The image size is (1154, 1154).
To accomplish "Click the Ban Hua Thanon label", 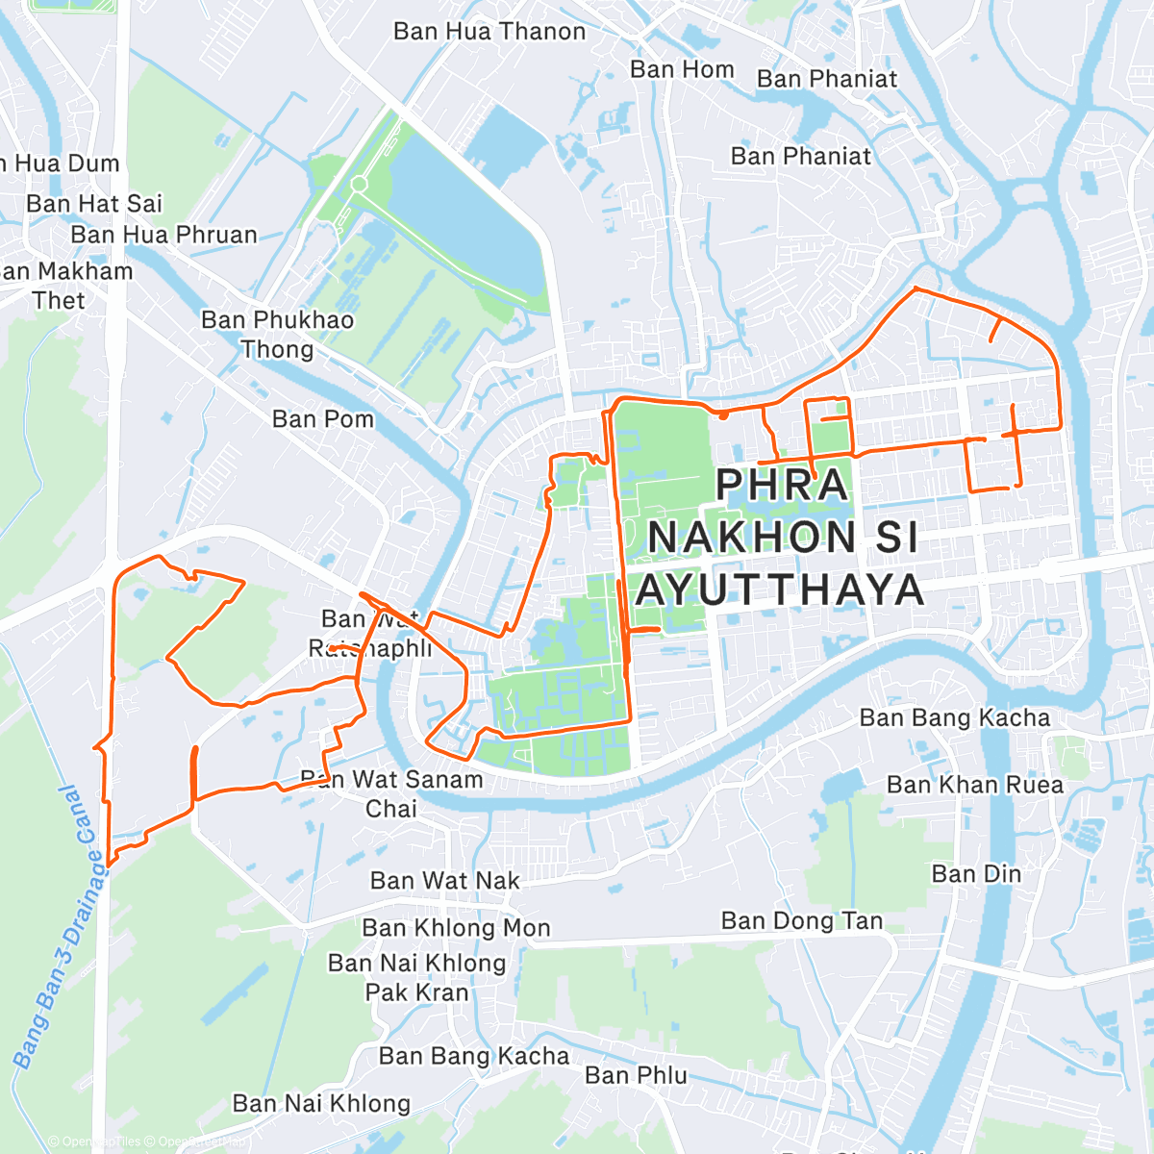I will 489,32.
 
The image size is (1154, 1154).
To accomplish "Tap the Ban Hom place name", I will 682,69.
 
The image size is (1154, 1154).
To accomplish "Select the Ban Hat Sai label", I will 94,204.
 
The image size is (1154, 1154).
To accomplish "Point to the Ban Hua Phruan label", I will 163,235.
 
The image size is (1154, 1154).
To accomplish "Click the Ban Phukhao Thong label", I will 277,334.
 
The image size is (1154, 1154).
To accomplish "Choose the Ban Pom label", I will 322,419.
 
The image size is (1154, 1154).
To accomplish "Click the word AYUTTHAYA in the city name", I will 780,590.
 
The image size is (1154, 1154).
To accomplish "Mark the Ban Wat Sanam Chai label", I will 392,793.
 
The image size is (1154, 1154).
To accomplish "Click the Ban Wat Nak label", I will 444,881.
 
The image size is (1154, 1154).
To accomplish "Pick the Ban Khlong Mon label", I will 456,928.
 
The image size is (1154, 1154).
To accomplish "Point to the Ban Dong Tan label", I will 802,921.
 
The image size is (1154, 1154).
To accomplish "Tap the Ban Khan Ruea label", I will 974,785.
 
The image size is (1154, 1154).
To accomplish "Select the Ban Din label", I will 976,874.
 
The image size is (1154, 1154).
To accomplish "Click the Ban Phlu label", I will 636,1075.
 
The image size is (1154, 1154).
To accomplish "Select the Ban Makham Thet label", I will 63,286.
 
